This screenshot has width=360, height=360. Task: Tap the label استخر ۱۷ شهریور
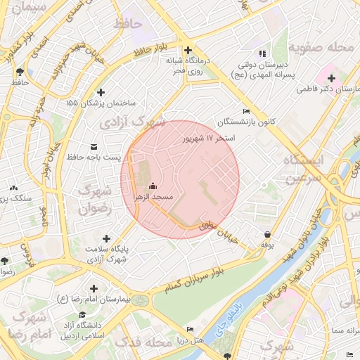[208, 139]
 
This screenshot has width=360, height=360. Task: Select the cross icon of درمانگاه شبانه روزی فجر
[188, 50]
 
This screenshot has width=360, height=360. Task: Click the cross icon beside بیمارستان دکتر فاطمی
[331, 77]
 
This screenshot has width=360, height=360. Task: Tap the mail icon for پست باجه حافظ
[94, 146]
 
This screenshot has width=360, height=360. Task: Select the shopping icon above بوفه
[267, 234]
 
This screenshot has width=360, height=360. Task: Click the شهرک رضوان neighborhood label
[95, 199]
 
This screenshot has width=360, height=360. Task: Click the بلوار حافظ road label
[151, 50]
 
